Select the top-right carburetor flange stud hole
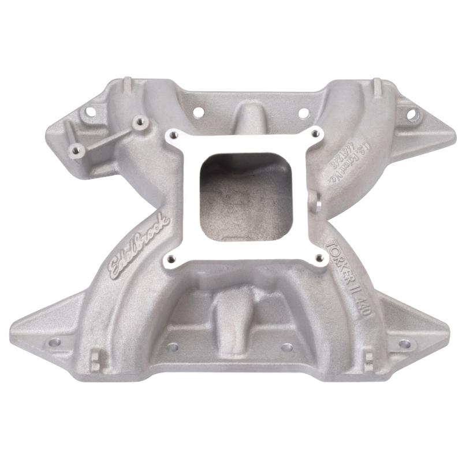click(314, 134)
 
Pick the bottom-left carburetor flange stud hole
click(172, 258)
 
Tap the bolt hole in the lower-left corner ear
click(54, 342)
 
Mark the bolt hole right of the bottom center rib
click(287, 348)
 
